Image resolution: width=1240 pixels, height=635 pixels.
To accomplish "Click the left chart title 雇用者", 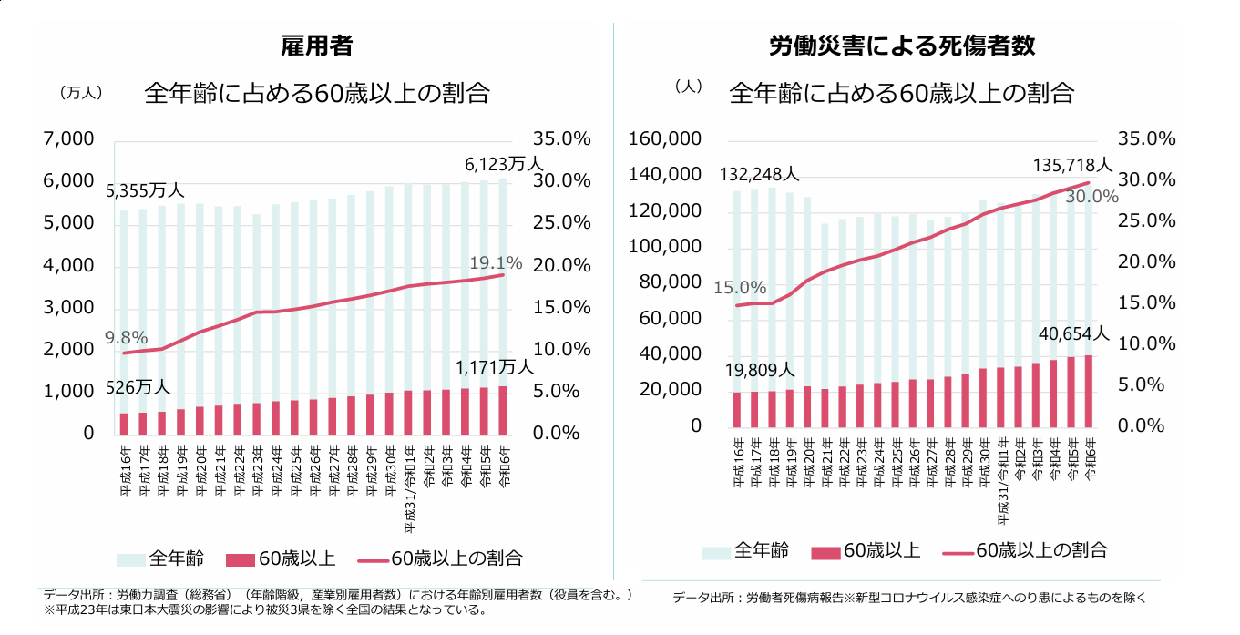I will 317,46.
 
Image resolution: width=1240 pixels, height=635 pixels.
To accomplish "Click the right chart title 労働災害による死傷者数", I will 901,46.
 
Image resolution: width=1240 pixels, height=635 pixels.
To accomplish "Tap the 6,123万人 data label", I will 503,165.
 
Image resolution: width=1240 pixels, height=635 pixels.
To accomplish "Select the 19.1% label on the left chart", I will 496,264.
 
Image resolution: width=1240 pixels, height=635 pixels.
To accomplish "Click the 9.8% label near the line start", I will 126,337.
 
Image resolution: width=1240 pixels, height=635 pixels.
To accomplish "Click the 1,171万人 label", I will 495,367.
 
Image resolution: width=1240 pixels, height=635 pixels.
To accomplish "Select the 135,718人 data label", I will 1072,166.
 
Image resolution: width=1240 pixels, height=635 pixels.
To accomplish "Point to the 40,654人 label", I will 1074,334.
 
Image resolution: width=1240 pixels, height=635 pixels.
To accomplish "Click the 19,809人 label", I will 759,370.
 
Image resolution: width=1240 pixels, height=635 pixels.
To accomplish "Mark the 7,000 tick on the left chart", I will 69,139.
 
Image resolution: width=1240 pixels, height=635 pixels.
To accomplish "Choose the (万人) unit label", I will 80,93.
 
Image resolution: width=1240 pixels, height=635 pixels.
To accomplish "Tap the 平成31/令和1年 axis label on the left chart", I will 410,493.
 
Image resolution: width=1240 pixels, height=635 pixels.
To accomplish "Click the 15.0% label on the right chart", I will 740,288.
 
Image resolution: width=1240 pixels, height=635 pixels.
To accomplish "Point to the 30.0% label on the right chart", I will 1091,196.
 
